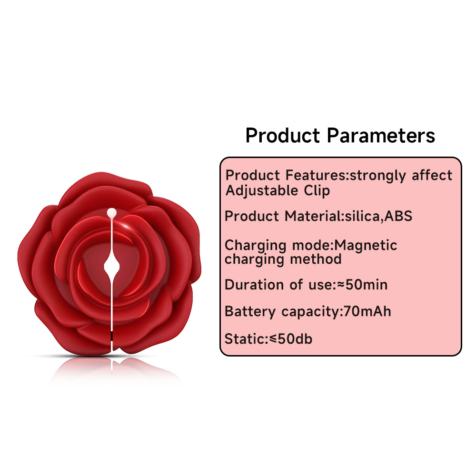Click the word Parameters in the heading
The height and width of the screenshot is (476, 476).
(381, 136)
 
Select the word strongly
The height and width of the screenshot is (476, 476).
(377, 176)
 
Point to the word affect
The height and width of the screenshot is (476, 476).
(432, 176)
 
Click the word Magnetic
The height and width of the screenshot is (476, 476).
(366, 246)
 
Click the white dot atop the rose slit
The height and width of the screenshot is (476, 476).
(111, 212)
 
